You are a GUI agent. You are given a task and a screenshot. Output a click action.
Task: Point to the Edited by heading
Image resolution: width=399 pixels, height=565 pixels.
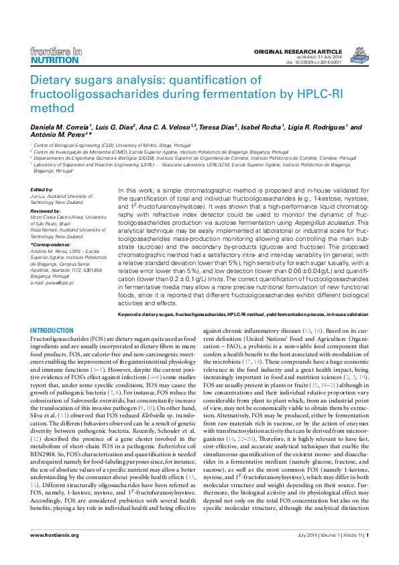[42, 190]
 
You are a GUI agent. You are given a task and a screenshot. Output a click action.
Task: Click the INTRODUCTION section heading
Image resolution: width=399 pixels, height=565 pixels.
[52, 331]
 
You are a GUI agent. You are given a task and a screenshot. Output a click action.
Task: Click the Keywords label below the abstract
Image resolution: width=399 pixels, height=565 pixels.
[131, 314]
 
